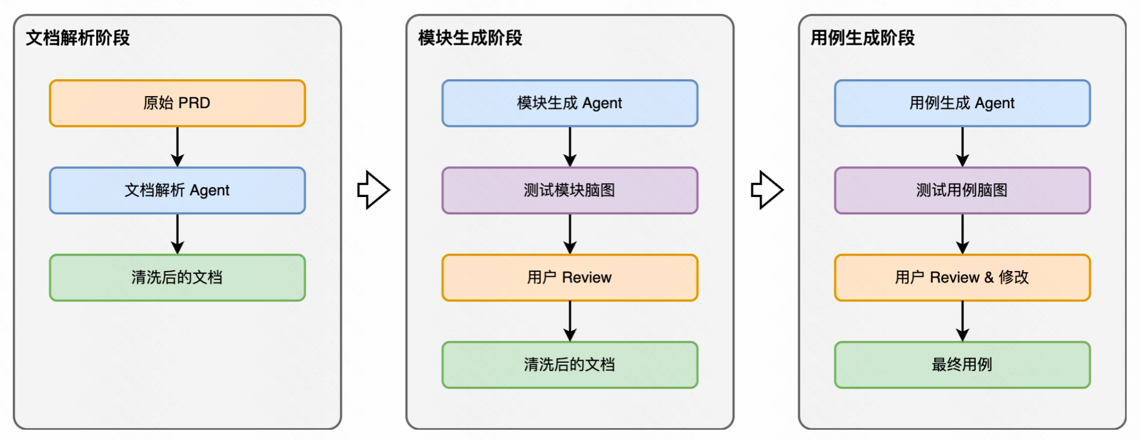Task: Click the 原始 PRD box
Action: pyautogui.click(x=177, y=103)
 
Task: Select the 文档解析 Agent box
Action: pyautogui.click(x=177, y=190)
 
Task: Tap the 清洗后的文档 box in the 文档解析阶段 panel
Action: pyautogui.click(x=177, y=277)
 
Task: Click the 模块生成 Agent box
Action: pyautogui.click(x=569, y=103)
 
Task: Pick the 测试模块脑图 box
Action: pyautogui.click(x=569, y=190)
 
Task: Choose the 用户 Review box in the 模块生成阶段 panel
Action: pyautogui.click(x=569, y=277)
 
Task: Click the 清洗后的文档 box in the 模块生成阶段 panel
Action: pyautogui.click(x=569, y=365)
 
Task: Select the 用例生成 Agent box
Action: pyautogui.click(x=962, y=103)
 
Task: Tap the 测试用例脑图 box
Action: pyautogui.click(x=962, y=190)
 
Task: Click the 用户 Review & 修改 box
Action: pyautogui.click(x=962, y=277)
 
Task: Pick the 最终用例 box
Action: pyautogui.click(x=962, y=365)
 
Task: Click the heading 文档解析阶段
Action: pyautogui.click(x=78, y=38)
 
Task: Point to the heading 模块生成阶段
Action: pyautogui.click(x=470, y=38)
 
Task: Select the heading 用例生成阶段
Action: pyautogui.click(x=863, y=38)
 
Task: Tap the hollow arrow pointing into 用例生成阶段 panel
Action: pyautogui.click(x=767, y=190)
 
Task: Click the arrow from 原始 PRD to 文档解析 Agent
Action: pyautogui.click(x=178, y=146)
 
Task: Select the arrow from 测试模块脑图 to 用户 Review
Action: pyautogui.click(x=570, y=234)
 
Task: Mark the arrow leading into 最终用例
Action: pyautogui.click(x=962, y=321)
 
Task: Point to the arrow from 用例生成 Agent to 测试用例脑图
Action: pyautogui.click(x=962, y=146)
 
